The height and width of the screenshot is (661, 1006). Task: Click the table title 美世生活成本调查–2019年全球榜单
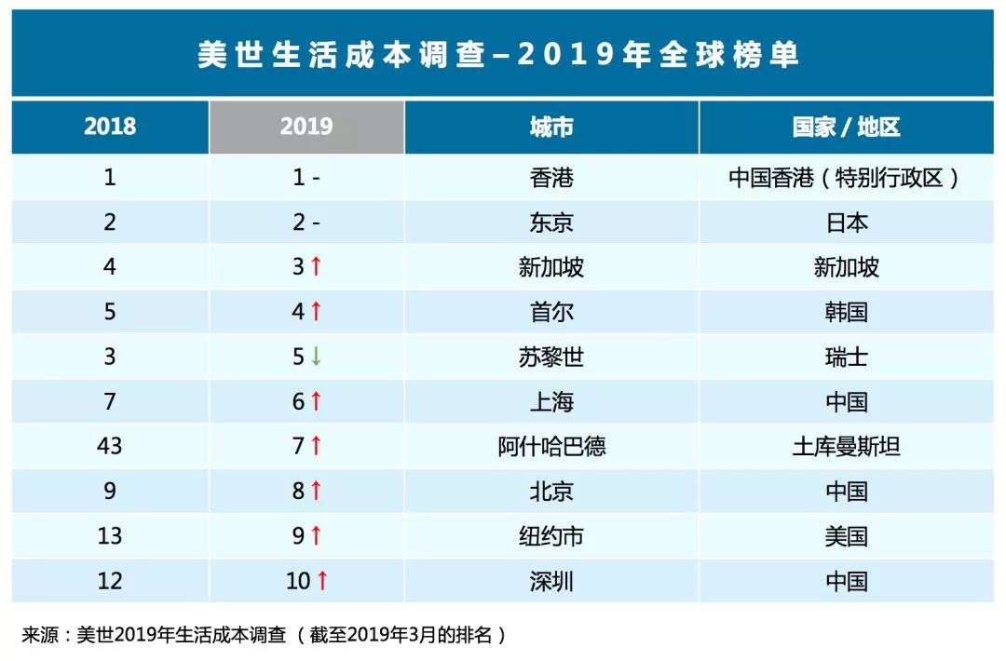[497, 54]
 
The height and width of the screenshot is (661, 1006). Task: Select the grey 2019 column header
[306, 127]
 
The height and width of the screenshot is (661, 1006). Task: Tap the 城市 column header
[551, 127]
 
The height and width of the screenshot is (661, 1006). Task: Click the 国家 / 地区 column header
[846, 127]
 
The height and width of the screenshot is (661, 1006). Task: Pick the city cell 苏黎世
[551, 357]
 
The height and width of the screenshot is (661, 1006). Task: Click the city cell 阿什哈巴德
[551, 446]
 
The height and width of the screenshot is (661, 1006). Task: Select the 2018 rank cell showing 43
[110, 446]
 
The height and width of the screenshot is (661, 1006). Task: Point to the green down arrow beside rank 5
[316, 356]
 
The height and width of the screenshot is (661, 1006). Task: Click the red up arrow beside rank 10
[322, 580]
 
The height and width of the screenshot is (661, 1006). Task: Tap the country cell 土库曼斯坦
[846, 446]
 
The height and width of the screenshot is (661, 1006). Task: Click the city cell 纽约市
[551, 536]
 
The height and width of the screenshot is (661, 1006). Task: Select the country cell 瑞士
[846, 357]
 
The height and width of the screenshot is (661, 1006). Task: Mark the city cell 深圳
[551, 581]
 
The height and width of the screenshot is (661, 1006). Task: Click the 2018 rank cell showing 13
[110, 535]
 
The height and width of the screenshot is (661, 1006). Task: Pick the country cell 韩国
[846, 312]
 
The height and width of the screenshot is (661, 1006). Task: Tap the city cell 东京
[551, 223]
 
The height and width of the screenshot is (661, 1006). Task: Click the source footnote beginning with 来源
[264, 635]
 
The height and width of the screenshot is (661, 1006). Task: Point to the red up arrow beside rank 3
[316, 266]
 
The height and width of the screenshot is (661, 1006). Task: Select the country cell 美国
[846, 536]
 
